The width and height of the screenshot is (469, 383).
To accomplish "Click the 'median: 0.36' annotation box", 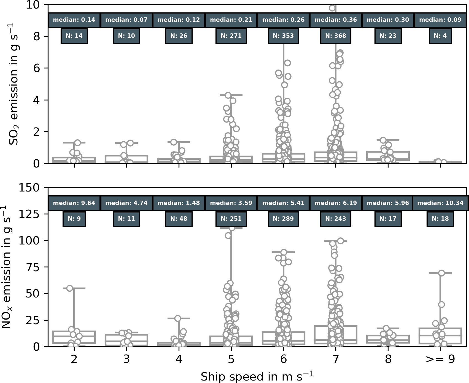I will [336, 20].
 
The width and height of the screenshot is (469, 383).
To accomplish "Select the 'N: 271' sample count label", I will [231, 36].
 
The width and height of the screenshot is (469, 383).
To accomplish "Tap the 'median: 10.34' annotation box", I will [440, 203].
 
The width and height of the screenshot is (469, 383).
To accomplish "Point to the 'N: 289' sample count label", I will [283, 219].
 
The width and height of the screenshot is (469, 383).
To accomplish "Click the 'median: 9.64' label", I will [74, 203].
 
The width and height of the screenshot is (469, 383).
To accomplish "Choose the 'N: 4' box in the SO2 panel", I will [440, 36].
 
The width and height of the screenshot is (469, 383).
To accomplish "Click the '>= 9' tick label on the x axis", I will [440, 359].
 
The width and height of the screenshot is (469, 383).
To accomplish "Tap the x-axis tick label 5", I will [231, 359].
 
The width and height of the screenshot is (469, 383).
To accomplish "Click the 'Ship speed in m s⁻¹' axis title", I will [257, 376].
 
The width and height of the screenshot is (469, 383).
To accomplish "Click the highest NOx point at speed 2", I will [70, 288].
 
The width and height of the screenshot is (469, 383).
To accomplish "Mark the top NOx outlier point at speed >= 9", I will [441, 273].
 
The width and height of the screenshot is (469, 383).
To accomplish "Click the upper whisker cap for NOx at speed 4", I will [179, 318].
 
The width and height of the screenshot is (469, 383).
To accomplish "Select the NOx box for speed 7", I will [336, 334].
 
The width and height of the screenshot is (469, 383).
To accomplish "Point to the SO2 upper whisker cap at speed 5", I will [231, 95].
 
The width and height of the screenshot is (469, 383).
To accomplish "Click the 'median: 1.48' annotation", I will [179, 203].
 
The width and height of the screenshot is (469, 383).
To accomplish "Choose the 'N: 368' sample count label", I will [336, 36].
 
